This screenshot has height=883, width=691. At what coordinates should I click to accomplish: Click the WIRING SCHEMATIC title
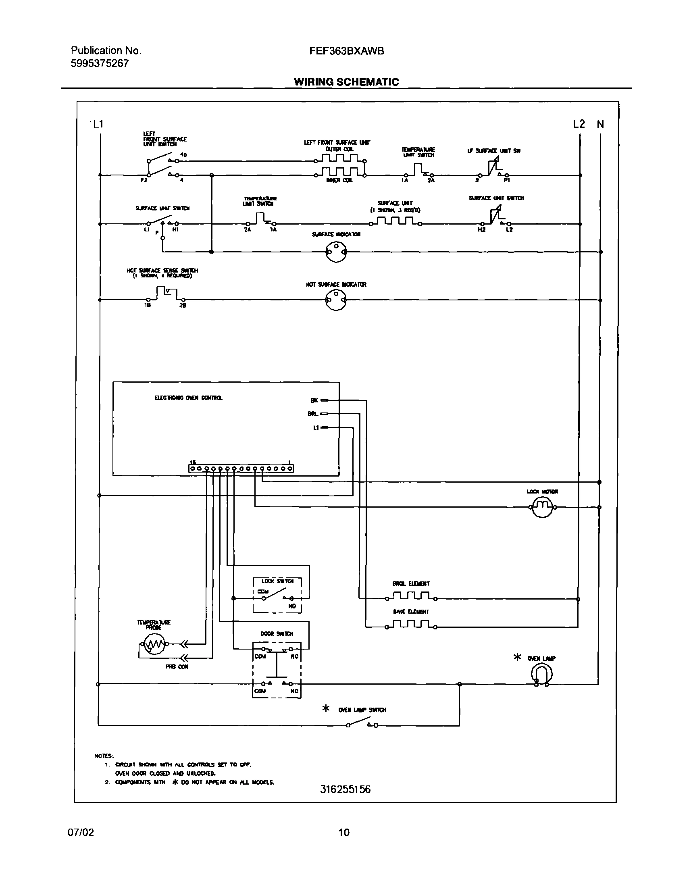346,82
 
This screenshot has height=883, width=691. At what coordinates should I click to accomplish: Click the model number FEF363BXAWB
346,51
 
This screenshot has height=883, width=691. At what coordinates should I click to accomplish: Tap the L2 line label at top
579,124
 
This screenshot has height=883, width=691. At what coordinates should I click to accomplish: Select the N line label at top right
600,124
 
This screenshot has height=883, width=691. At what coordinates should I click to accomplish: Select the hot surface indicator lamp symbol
336,300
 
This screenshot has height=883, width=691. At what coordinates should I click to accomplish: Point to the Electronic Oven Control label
188,398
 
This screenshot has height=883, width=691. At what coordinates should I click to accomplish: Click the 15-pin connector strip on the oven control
241,468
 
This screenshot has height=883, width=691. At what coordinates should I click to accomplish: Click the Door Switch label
277,633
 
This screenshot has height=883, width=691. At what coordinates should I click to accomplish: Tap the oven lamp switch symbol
362,724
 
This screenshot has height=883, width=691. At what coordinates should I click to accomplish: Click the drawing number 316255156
345,789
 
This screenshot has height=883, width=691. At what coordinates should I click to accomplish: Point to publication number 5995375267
100,63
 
